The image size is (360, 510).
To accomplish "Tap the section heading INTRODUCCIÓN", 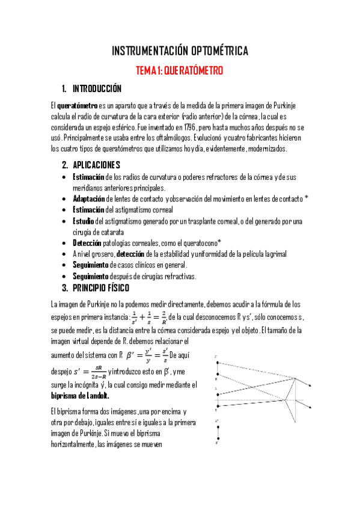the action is pyautogui.click(x=97, y=89).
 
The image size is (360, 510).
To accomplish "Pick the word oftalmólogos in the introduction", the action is pyautogui.click(x=160, y=138).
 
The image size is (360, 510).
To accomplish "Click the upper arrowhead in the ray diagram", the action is pyautogui.click(x=311, y=386).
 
